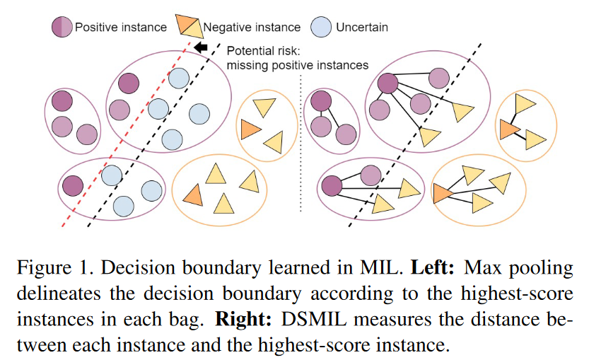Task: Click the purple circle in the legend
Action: point(62,27)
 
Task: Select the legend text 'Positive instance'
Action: point(121,28)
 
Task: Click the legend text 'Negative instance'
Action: point(252,28)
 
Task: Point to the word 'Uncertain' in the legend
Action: point(362,28)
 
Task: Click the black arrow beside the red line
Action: point(201,48)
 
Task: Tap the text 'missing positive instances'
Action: point(297,65)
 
